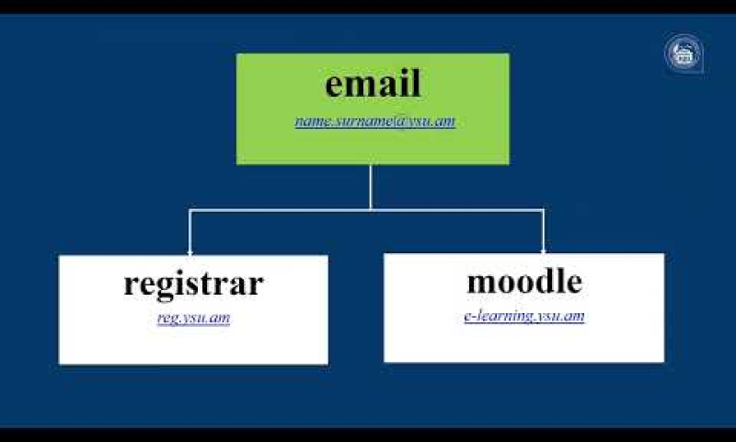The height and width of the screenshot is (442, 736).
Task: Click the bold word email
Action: click(373, 84)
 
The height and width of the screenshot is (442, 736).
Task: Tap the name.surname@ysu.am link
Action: click(375, 122)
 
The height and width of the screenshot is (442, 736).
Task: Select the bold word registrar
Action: click(193, 285)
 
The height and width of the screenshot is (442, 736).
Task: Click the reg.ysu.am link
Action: click(194, 318)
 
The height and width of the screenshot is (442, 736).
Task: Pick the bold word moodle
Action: click(524, 282)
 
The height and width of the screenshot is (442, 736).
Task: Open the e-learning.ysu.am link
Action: click(524, 316)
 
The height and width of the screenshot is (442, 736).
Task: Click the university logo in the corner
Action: click(684, 53)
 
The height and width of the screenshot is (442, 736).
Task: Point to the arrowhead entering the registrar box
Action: click(190, 252)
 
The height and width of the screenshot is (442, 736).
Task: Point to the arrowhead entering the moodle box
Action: click(543, 250)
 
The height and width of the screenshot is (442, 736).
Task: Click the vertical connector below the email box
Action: click(371, 188)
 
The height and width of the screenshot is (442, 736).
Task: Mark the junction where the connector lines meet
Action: click(371, 210)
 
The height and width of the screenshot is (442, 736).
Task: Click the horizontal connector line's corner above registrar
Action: click(190, 210)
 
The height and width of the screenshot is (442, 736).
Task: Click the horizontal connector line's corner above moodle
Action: click(543, 210)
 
